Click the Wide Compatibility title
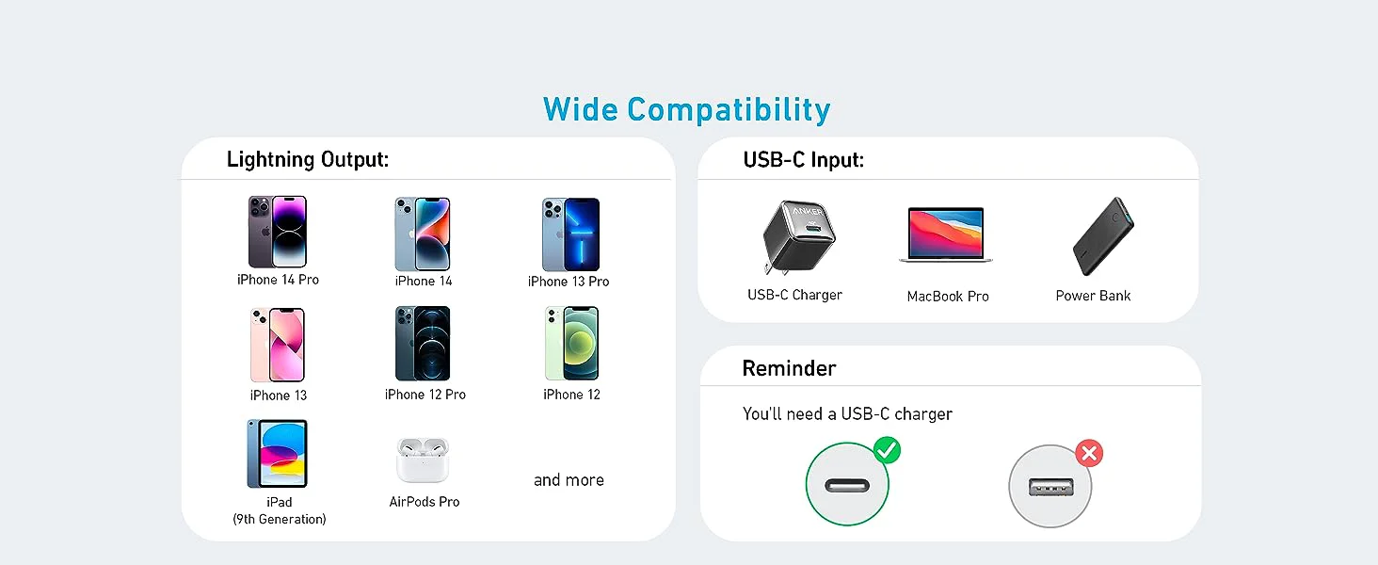point(686,109)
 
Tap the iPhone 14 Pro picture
point(278,232)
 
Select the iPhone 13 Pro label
point(569,282)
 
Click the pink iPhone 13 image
point(278,345)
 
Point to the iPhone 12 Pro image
point(423,343)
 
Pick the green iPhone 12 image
point(571,343)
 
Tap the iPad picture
point(278,454)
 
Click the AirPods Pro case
point(423,460)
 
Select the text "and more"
point(569,480)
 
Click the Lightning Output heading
point(308,160)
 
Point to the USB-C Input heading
point(804,160)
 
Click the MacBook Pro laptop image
point(946,234)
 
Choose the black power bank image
point(1102,236)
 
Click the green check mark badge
point(887,451)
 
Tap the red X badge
point(1089,455)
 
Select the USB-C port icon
point(846,486)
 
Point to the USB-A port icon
point(1049,487)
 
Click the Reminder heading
point(789,368)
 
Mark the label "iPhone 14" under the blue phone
point(424,282)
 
